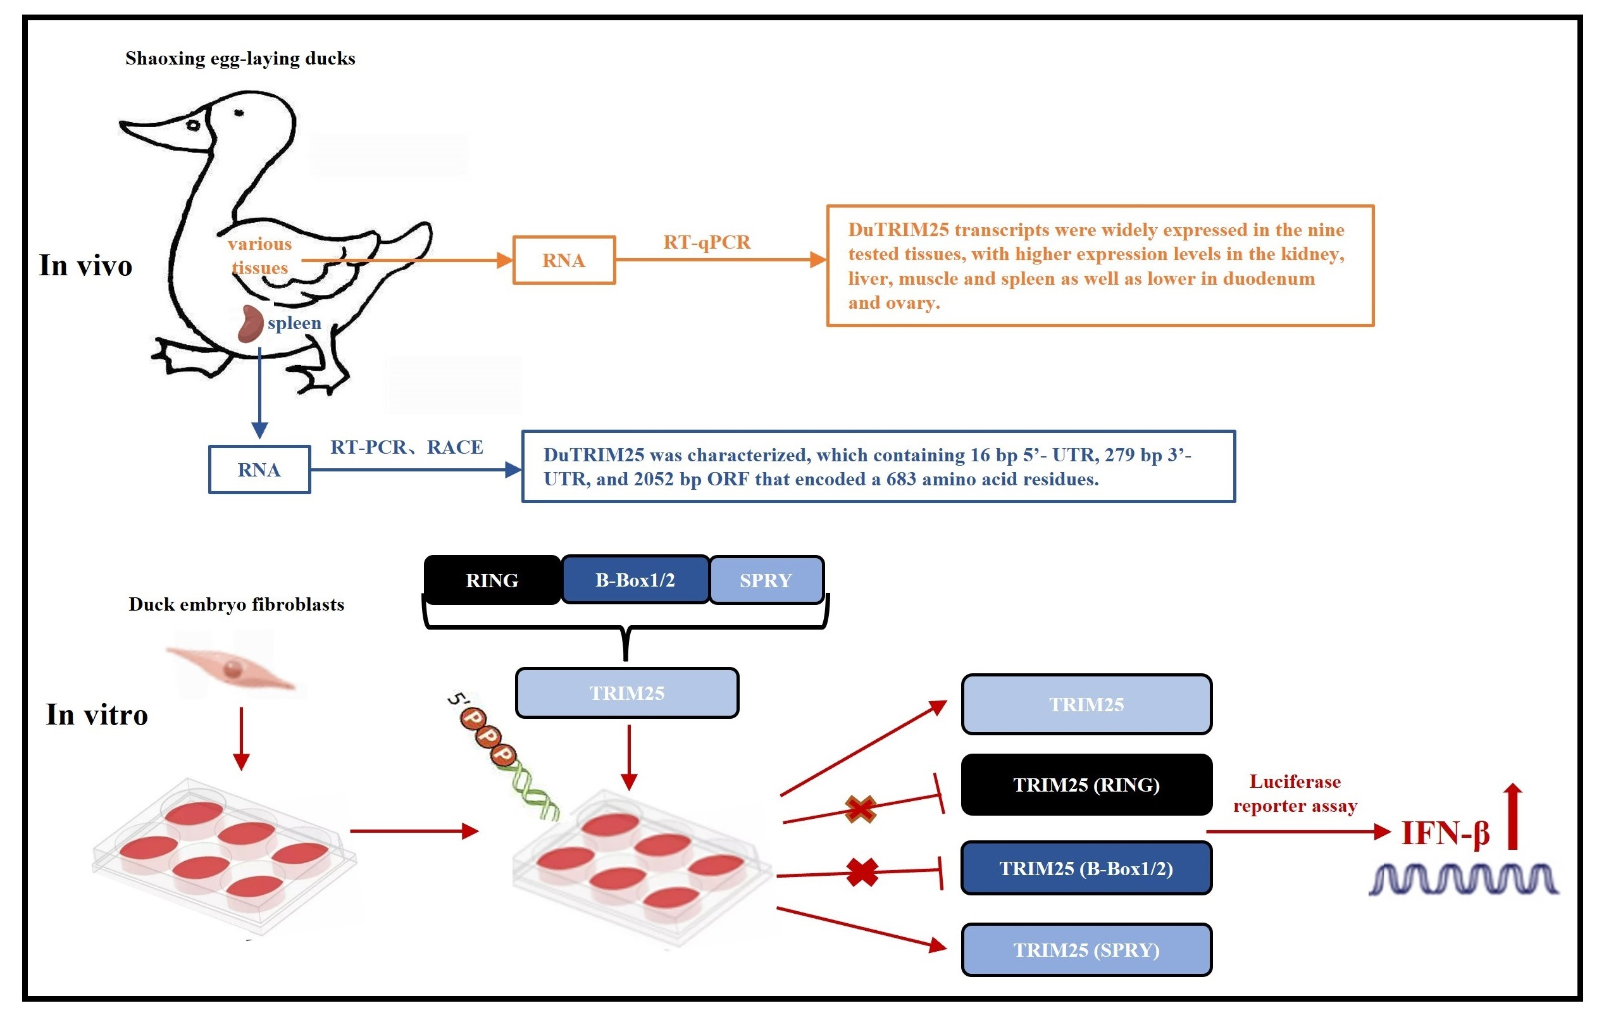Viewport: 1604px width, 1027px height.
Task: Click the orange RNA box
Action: [x=563, y=260]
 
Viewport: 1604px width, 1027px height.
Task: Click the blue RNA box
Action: [x=259, y=470]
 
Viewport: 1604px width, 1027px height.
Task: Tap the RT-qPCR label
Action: [x=707, y=242]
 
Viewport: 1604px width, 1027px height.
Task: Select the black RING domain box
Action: [x=492, y=580]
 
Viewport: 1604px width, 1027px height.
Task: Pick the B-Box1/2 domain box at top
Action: [x=635, y=580]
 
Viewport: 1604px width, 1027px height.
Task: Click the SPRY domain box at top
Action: [x=766, y=580]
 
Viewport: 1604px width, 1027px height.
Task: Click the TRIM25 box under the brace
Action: [x=626, y=693]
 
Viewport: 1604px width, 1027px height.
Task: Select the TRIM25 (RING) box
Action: [x=1086, y=785]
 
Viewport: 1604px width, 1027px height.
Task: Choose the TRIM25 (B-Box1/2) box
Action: [x=1086, y=868]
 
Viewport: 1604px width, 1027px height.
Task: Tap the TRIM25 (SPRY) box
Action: [x=1086, y=950]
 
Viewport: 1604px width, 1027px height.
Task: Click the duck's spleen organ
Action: [x=251, y=324]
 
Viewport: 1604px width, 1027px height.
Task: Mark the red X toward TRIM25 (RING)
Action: [x=860, y=809]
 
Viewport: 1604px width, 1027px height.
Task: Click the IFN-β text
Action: [x=1445, y=833]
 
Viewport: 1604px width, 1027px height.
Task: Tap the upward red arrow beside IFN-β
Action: [x=1513, y=817]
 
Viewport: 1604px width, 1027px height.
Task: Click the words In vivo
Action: [x=85, y=265]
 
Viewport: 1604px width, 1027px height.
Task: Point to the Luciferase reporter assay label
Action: [x=1295, y=794]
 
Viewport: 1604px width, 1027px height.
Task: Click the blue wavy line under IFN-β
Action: [x=1464, y=879]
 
